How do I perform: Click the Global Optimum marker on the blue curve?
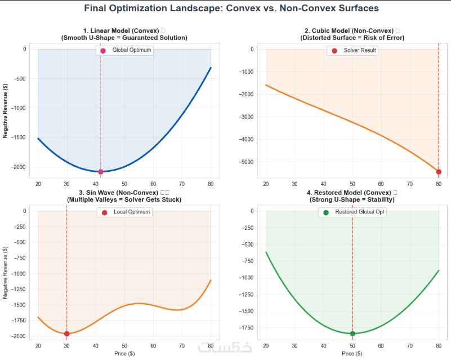101,172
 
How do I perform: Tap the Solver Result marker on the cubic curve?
439,172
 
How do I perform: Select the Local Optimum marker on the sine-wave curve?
67,334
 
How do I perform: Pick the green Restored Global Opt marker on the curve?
352,334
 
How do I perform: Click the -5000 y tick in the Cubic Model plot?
248,162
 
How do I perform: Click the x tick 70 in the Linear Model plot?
182,184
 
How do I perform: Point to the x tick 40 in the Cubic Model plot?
323,184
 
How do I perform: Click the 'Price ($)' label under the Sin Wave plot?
124,353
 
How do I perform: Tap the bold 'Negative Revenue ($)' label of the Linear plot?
5,110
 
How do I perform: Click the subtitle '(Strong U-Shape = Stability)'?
352,199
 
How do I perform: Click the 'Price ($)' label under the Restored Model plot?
352,353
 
